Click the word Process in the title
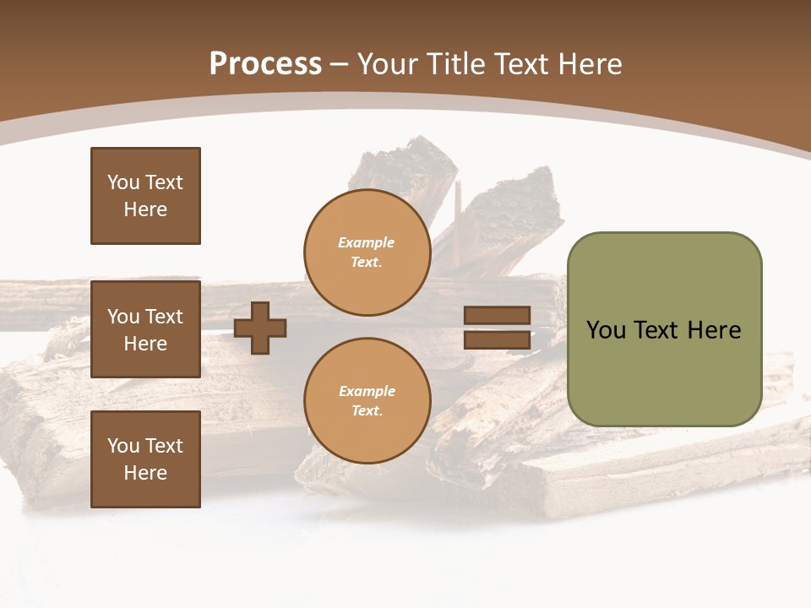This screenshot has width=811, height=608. (265, 63)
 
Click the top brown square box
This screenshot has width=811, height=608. (145, 196)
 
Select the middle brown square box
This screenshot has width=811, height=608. (145, 329)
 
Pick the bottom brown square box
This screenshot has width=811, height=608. (145, 459)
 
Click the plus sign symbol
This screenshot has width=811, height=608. (260, 328)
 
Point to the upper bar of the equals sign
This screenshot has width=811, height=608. (497, 316)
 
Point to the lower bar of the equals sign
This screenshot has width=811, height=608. (497, 339)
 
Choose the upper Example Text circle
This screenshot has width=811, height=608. (367, 252)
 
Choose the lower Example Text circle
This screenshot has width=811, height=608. (367, 400)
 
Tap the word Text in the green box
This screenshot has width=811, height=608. (657, 330)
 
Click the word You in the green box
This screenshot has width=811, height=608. (606, 330)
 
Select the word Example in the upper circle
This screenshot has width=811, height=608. (367, 242)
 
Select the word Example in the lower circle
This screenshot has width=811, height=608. (367, 391)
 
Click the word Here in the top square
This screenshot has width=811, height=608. (145, 209)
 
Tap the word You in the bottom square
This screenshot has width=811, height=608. (123, 446)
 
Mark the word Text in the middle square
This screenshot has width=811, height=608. (164, 317)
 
